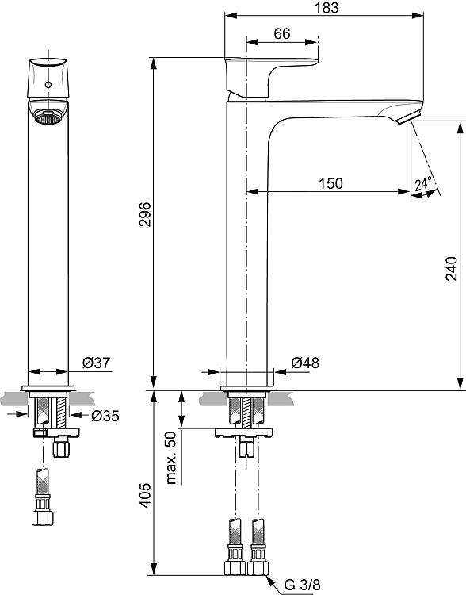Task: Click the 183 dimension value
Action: (327, 8)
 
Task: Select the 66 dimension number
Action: (282, 34)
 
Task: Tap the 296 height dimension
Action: (145, 214)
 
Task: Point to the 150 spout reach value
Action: (330, 184)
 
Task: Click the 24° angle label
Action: (423, 184)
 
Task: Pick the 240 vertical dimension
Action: (451, 268)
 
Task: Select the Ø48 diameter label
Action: (305, 363)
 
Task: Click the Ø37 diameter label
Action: (97, 363)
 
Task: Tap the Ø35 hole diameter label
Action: (105, 416)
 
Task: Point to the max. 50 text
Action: (171, 458)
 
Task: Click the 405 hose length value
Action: (145, 496)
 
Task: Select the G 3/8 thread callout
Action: (302, 585)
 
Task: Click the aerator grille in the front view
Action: (48, 117)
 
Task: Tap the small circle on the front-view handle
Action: (48, 85)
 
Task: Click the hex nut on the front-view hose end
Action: (43, 518)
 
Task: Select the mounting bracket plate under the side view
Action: (244, 432)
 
